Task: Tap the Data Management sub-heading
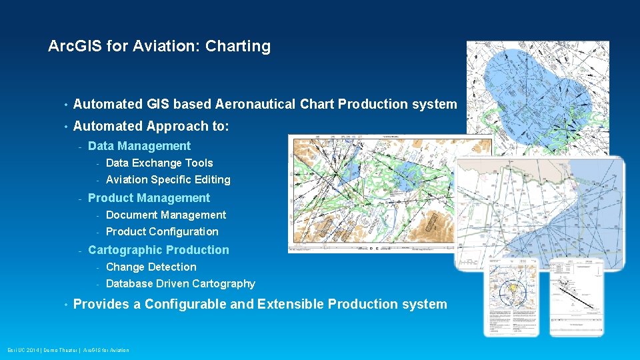coord(139,146)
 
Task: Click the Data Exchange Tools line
coord(159,163)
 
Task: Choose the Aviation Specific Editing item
coord(168,179)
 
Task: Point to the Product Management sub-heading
coord(149,198)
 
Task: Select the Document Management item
coord(166,215)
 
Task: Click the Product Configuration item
coord(162,231)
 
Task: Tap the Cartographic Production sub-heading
coord(158,250)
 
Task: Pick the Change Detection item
coord(151,267)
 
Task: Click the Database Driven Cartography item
coord(180,283)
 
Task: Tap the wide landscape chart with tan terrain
coord(373,193)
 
